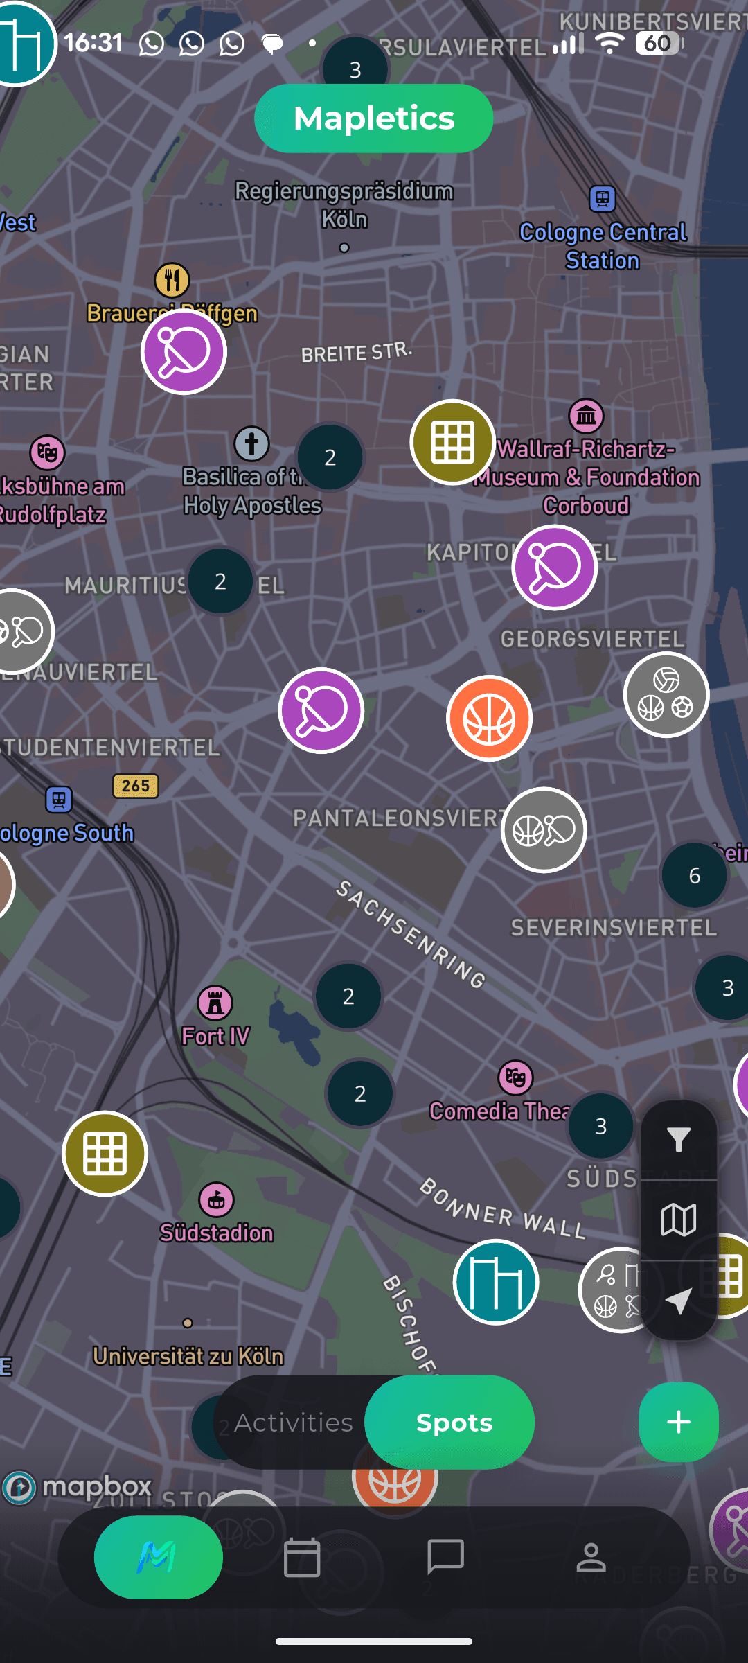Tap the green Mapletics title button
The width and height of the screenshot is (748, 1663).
tap(373, 118)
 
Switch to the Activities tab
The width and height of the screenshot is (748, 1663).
tap(294, 1423)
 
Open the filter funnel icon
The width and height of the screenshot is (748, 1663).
tap(679, 1139)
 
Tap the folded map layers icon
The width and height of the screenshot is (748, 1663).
tap(679, 1220)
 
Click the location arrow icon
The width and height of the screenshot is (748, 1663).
tap(679, 1301)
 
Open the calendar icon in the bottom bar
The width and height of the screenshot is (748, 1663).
tap(302, 1558)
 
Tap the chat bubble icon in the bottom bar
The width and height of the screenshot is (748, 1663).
tap(446, 1557)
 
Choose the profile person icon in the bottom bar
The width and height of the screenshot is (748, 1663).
tap(591, 1558)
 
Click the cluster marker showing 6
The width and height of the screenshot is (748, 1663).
tap(694, 876)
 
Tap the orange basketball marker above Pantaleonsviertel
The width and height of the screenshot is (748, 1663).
tap(489, 719)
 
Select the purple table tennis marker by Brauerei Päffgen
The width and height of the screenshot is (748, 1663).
tap(184, 352)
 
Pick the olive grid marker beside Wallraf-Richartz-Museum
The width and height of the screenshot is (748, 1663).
tap(452, 442)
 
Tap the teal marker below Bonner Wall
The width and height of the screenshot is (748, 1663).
tap(496, 1282)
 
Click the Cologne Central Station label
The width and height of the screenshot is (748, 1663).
tap(603, 246)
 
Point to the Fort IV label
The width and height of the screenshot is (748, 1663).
tap(215, 1036)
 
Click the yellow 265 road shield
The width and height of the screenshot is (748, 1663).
tap(136, 786)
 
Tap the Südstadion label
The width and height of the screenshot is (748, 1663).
tap(217, 1233)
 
